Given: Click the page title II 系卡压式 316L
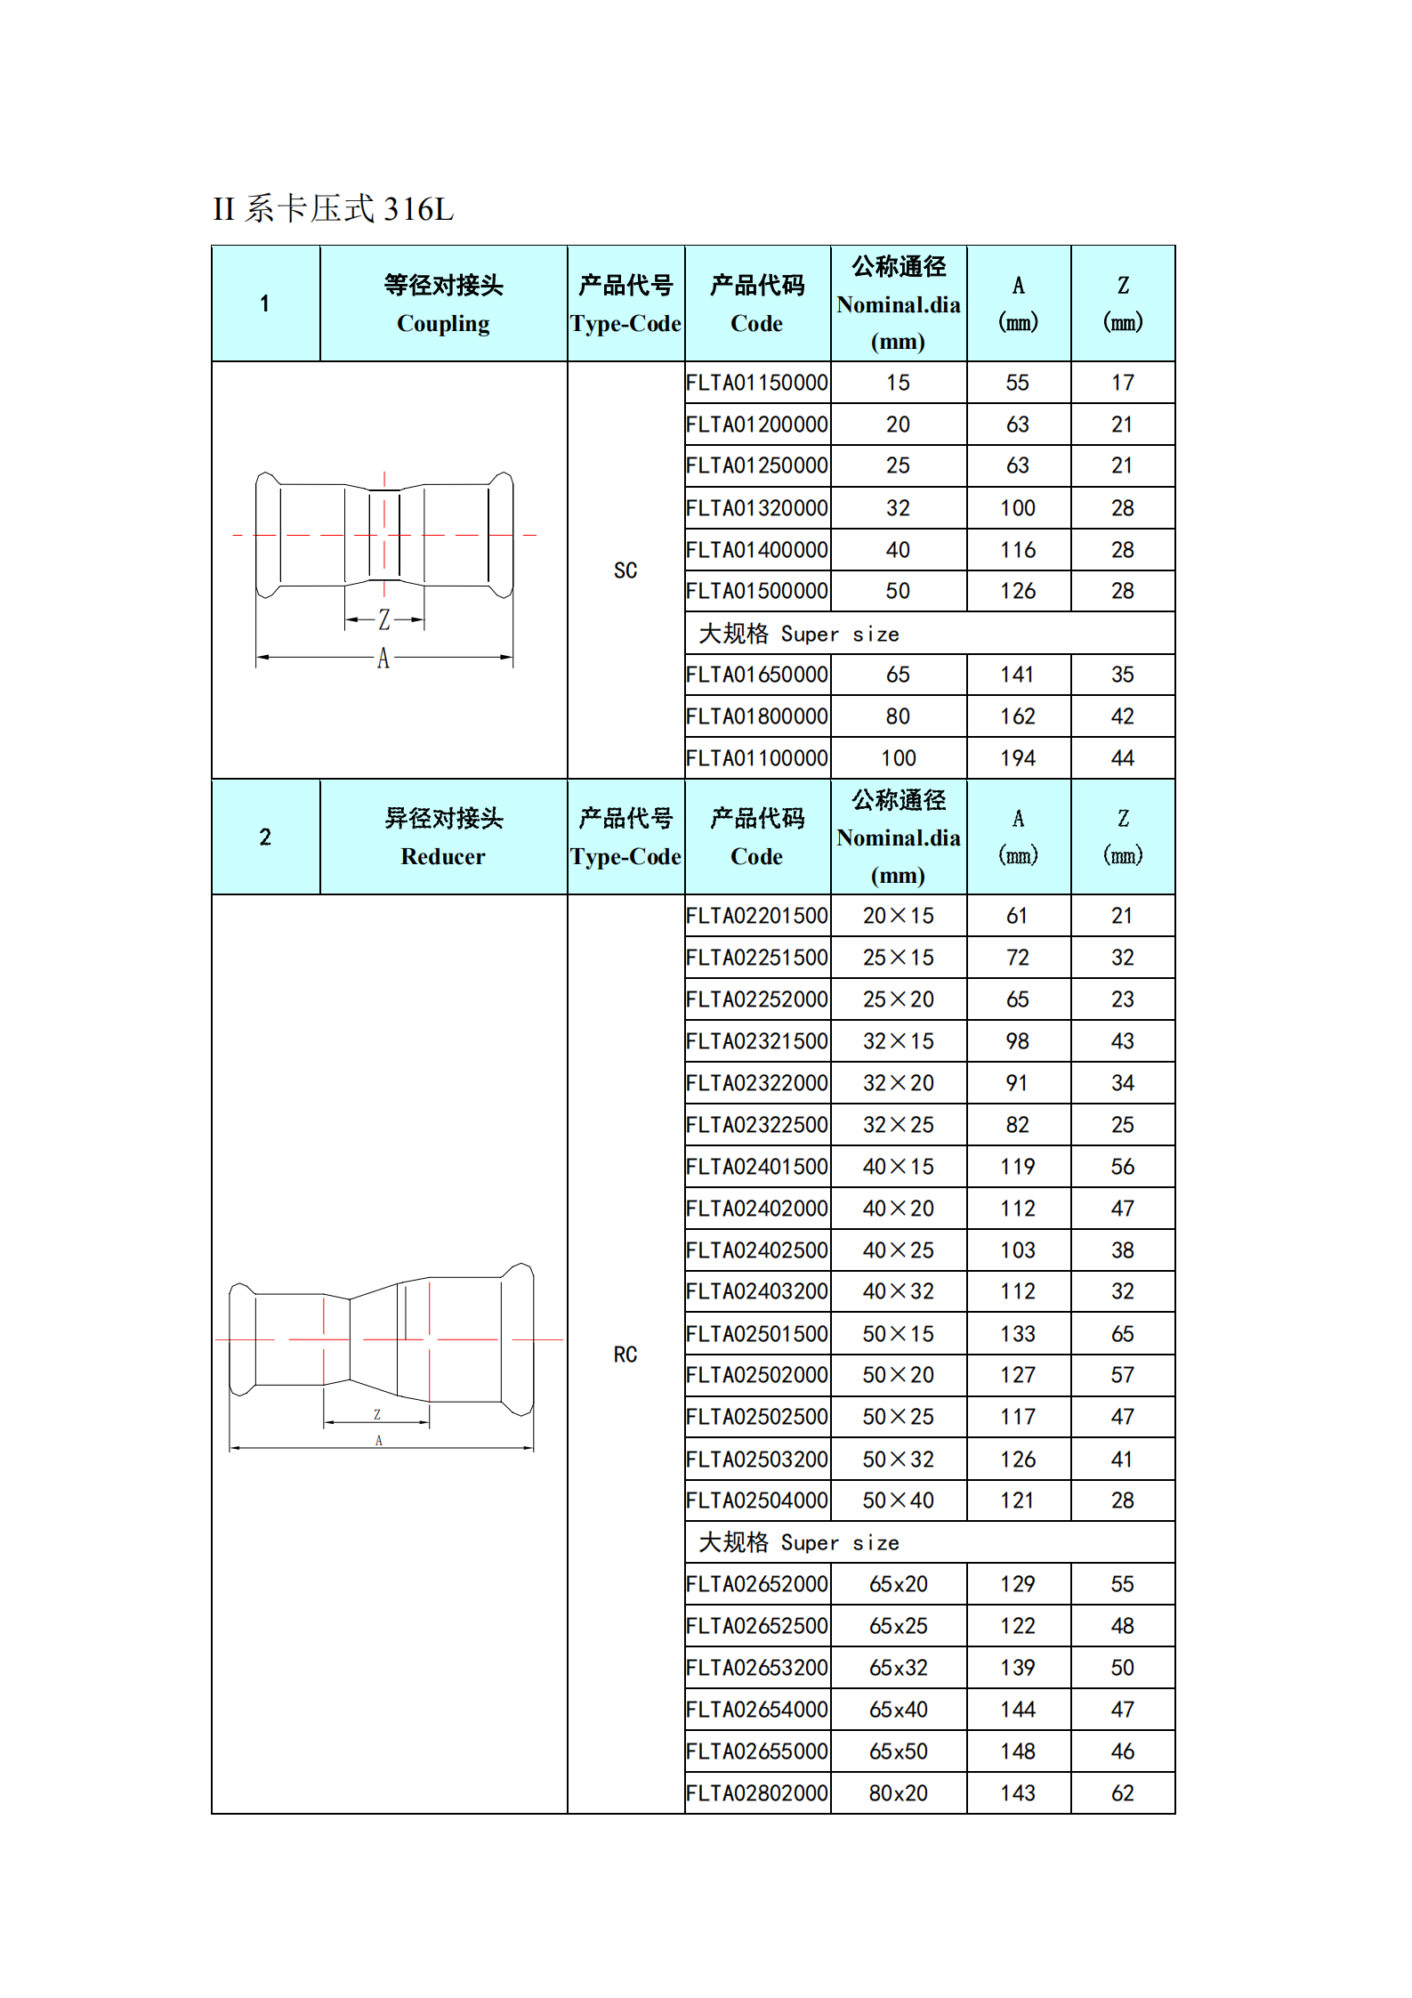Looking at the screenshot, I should click(x=334, y=210).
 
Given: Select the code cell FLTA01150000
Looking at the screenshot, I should click(x=757, y=383).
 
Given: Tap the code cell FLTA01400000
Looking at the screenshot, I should click(x=757, y=550).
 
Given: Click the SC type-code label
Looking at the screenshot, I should click(x=625, y=570).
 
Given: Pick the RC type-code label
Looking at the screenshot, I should click(x=625, y=1355).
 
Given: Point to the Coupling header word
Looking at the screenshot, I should click(x=443, y=324).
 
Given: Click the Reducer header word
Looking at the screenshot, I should click(x=443, y=857).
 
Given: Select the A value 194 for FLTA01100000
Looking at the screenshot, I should click(x=1018, y=758).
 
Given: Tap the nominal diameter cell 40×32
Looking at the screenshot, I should click(x=898, y=1291).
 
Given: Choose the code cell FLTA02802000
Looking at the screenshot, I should click(x=757, y=1793).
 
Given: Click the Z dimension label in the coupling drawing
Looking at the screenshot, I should click(x=384, y=619).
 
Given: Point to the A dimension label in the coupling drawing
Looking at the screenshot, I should click(x=383, y=659).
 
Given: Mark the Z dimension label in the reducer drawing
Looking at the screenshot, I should click(x=377, y=1414).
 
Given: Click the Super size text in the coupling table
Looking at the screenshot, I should click(x=839, y=635).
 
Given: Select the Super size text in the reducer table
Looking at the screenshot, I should click(x=839, y=1543).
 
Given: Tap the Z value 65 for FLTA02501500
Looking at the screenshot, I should click(x=1122, y=1334).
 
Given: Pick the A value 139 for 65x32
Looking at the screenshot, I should click(x=1018, y=1668).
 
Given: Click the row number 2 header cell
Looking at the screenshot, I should click(x=265, y=837).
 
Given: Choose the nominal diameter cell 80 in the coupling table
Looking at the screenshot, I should click(x=898, y=716).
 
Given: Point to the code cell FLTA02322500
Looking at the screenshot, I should click(x=757, y=1125).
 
